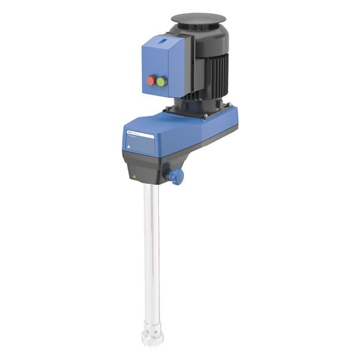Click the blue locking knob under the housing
(x=176, y=176)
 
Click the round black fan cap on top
(x=198, y=18)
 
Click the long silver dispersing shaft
(x=151, y=249)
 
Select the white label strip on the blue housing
(x=139, y=134)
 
